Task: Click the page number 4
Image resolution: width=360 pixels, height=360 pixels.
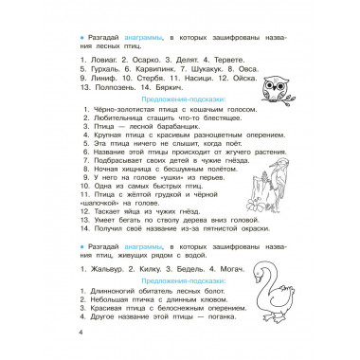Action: click(81, 332)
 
